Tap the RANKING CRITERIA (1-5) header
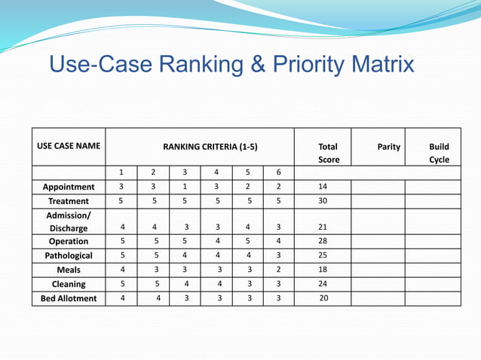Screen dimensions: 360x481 pyautogui.click(x=210, y=147)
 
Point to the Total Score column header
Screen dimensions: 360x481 pyautogui.click(x=329, y=153)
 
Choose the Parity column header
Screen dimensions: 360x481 pyautogui.click(x=388, y=147)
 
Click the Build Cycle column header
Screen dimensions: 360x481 pyautogui.click(x=439, y=153)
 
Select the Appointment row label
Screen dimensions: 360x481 pyautogui.click(x=69, y=187)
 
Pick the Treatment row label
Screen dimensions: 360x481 pyautogui.click(x=69, y=201)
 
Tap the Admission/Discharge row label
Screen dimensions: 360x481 pyautogui.click(x=69, y=221)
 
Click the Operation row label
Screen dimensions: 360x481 pyautogui.click(x=69, y=241)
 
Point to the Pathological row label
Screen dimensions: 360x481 pyautogui.click(x=69, y=255)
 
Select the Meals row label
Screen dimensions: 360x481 pyautogui.click(x=69, y=270)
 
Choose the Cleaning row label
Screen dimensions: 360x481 pyautogui.click(x=69, y=284)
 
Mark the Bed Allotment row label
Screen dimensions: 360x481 pyautogui.click(x=69, y=298)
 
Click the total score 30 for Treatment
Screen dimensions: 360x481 pyautogui.click(x=323, y=201)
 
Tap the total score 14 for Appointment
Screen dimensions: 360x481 pyautogui.click(x=323, y=187)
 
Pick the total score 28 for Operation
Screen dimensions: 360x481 pyautogui.click(x=323, y=241)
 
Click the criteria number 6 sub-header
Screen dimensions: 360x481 pyautogui.click(x=278, y=172)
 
